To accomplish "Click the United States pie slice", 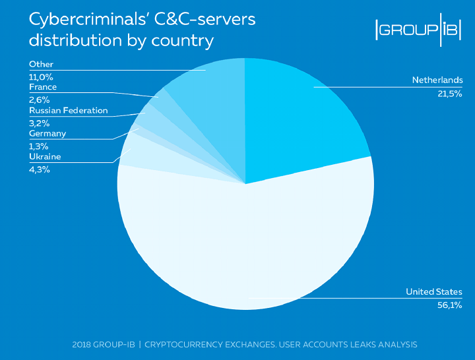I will pyautogui.click(x=251, y=244).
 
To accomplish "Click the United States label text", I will pyautogui.click(x=433, y=291).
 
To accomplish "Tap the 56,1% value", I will pyautogui.click(x=450, y=305).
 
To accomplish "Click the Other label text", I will pyautogui.click(x=41, y=64).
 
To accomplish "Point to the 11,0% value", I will pyautogui.click(x=41, y=76).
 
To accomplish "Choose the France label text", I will pyautogui.click(x=43, y=87).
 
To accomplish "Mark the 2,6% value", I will pyautogui.click(x=39, y=100).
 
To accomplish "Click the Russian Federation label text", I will pyautogui.click(x=68, y=110).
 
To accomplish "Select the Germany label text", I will pyautogui.click(x=47, y=133).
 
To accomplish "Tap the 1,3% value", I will pyautogui.click(x=39, y=146).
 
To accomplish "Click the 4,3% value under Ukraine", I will pyautogui.click(x=39, y=169).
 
